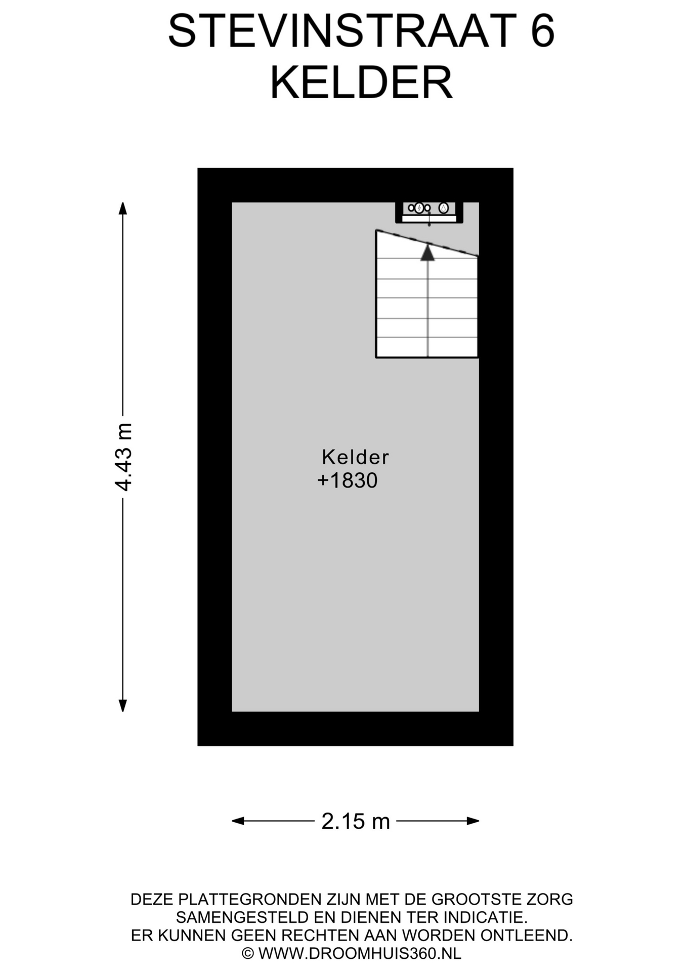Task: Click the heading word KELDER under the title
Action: [361, 83]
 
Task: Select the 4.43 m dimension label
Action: [123, 457]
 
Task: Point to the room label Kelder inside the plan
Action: [355, 457]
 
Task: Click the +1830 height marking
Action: [348, 480]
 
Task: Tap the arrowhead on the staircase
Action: [428, 252]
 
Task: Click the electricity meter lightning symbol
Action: [419, 208]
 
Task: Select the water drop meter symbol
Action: [444, 208]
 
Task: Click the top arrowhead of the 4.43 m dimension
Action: [122, 208]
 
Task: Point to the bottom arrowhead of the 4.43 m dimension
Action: [122, 705]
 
